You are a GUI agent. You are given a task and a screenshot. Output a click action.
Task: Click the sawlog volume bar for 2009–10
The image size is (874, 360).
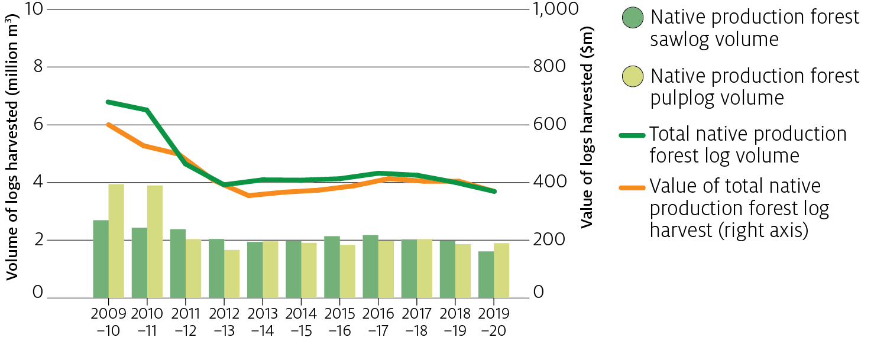point(101,259)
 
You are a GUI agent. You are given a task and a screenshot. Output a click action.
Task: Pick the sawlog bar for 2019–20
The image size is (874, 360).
point(486,274)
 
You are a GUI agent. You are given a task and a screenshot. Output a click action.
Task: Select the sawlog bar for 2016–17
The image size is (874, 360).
point(371,266)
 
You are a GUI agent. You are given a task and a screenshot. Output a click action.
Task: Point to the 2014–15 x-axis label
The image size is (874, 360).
point(301,322)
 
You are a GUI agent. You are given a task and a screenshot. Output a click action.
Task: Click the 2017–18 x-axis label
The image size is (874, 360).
point(417,322)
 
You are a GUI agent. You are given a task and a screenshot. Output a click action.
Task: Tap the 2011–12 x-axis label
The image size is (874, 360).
point(186,322)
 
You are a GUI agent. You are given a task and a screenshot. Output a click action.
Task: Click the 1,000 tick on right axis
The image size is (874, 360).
point(555,10)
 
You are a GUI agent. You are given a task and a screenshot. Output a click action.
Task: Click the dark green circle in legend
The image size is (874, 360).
point(633,18)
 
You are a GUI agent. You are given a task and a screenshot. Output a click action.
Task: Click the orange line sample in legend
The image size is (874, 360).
point(632,187)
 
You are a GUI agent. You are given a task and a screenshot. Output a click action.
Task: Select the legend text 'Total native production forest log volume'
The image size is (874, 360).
point(748,145)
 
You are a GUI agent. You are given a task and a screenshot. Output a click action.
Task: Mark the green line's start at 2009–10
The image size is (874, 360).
point(109,102)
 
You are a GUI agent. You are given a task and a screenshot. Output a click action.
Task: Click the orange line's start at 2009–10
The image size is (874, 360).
point(109,125)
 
